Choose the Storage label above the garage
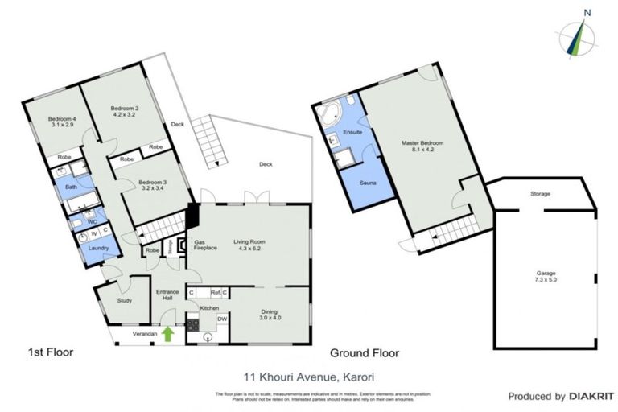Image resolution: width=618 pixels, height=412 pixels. pos(540,194)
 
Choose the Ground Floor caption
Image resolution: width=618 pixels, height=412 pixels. pos(365,352)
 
